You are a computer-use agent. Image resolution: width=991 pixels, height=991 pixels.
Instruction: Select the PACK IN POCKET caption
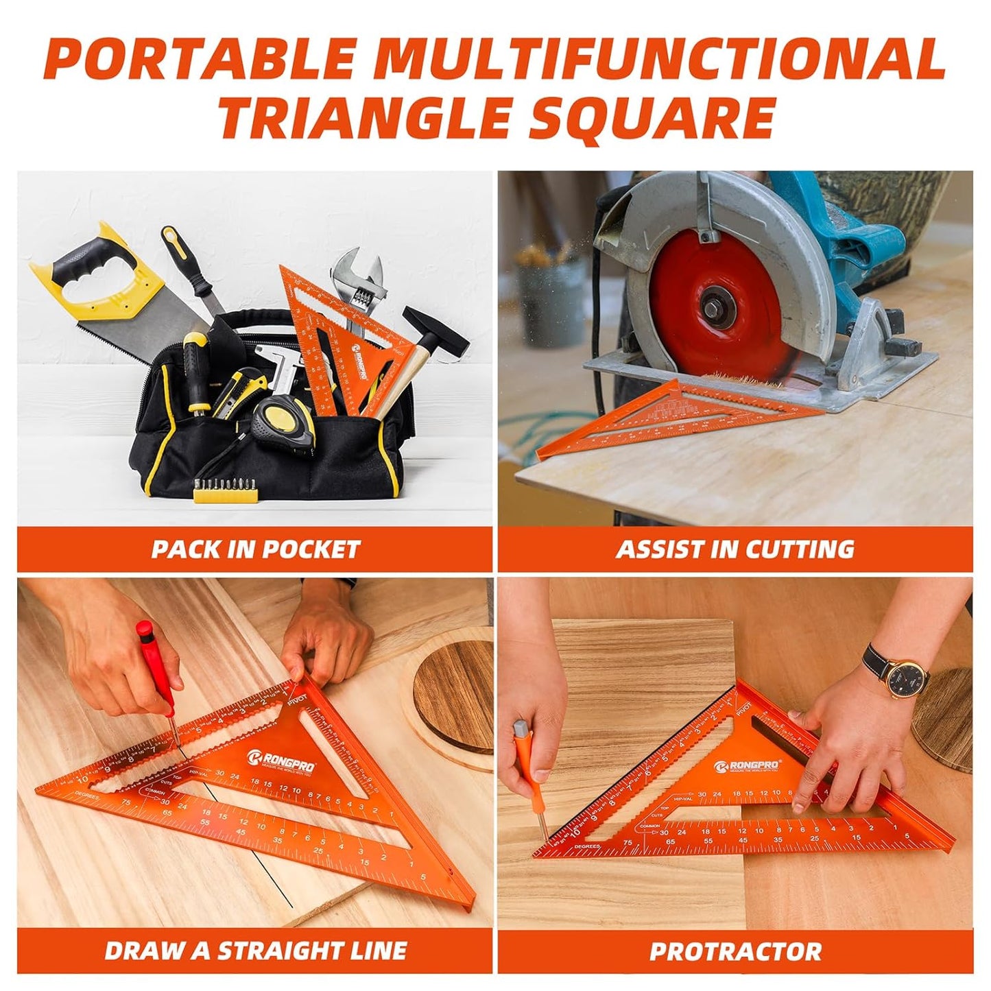pyautogui.click(x=255, y=549)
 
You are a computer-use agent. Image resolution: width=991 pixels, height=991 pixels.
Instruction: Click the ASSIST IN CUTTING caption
pyautogui.click(x=735, y=549)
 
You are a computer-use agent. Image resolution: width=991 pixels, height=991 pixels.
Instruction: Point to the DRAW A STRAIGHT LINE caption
pyautogui.click(x=255, y=951)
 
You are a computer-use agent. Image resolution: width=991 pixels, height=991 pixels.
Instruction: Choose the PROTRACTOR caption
pyautogui.click(x=735, y=951)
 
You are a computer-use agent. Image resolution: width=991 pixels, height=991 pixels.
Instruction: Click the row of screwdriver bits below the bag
pyautogui.click(x=226, y=490)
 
